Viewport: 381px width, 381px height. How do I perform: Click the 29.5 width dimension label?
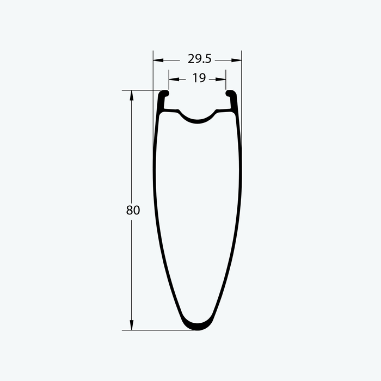(200, 59)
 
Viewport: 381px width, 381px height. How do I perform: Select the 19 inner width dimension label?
(199, 78)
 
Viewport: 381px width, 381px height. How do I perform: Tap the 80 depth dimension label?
(133, 210)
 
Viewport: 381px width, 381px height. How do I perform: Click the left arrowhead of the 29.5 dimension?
(158, 60)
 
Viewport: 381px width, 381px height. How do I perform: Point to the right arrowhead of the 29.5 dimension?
(236, 60)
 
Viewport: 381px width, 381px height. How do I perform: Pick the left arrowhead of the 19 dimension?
(174, 79)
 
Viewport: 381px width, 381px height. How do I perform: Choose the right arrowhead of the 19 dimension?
(220, 79)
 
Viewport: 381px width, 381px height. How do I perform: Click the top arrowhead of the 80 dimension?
(132, 95)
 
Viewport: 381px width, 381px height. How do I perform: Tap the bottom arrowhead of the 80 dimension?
(132, 325)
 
